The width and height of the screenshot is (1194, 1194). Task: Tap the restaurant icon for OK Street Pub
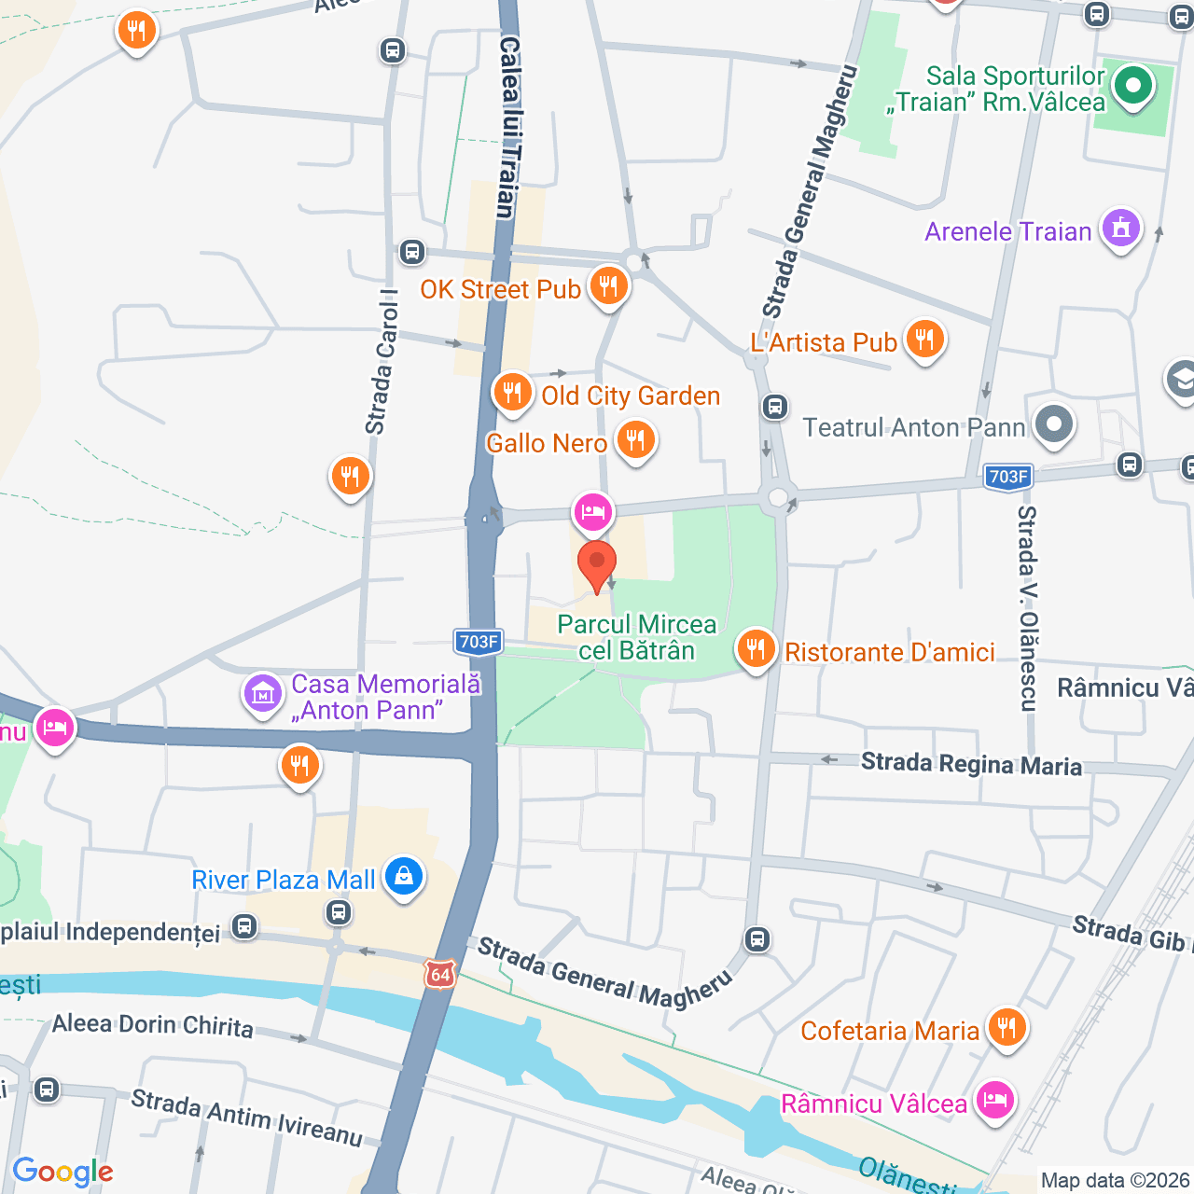pyautogui.click(x=608, y=285)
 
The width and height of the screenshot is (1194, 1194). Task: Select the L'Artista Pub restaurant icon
pyautogui.click(x=924, y=340)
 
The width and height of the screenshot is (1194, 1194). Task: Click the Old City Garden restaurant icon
pyautogui.click(x=512, y=393)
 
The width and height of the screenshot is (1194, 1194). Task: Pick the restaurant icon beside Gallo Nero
pyautogui.click(x=635, y=439)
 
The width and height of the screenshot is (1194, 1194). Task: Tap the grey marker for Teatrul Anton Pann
pyautogui.click(x=1054, y=425)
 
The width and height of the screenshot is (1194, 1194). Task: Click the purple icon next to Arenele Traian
pyautogui.click(x=1120, y=228)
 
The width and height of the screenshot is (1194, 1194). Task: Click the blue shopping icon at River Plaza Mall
pyautogui.click(x=404, y=877)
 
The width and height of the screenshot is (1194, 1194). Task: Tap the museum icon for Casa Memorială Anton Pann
pyautogui.click(x=263, y=694)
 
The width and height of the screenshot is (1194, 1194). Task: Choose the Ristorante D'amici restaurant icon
pyautogui.click(x=756, y=648)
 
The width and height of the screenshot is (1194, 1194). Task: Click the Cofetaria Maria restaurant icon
pyautogui.click(x=1006, y=1028)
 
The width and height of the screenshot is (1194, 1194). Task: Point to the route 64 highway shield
pyautogui.click(x=440, y=975)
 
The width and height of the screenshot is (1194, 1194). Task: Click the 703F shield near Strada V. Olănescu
pyautogui.click(x=1007, y=477)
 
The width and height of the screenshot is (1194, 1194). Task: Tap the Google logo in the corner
pyautogui.click(x=62, y=1172)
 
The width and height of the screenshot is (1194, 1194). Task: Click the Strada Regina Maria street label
pyautogui.click(x=971, y=765)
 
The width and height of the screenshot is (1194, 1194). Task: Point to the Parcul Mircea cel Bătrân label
pyautogui.click(x=637, y=637)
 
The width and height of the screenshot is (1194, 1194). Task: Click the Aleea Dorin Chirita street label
pyautogui.click(x=152, y=1025)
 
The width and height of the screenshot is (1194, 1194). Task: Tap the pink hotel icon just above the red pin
pyautogui.click(x=593, y=511)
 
